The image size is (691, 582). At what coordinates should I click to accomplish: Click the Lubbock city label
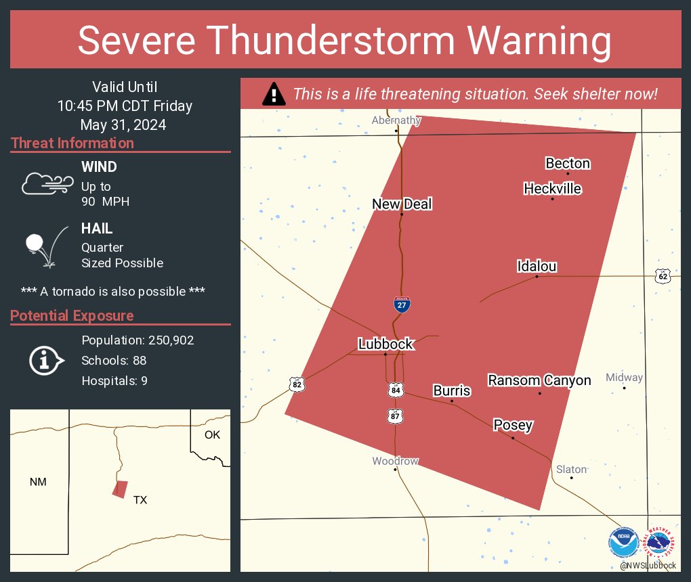point(385,344)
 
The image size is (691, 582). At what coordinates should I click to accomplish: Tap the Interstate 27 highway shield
point(402,305)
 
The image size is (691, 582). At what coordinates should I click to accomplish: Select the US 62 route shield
point(663,275)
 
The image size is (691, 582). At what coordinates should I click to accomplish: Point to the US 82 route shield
point(296,384)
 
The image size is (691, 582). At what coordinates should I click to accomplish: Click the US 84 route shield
point(396,390)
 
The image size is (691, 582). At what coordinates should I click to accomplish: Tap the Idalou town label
point(537,266)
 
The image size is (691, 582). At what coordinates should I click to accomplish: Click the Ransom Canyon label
point(539,380)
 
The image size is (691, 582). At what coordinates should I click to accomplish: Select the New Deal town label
point(402,204)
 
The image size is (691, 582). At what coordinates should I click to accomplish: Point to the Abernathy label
point(396,120)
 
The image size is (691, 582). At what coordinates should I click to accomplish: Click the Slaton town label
point(571,469)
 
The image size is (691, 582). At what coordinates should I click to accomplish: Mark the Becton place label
point(568,163)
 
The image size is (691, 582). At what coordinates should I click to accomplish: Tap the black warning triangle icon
point(274,94)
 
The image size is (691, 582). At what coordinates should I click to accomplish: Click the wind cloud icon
point(47,183)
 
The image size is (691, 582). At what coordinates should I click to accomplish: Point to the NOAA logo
point(623,543)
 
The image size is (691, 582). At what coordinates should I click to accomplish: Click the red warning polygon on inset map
point(120,489)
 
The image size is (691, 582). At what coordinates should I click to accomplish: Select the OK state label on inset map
point(212,434)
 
